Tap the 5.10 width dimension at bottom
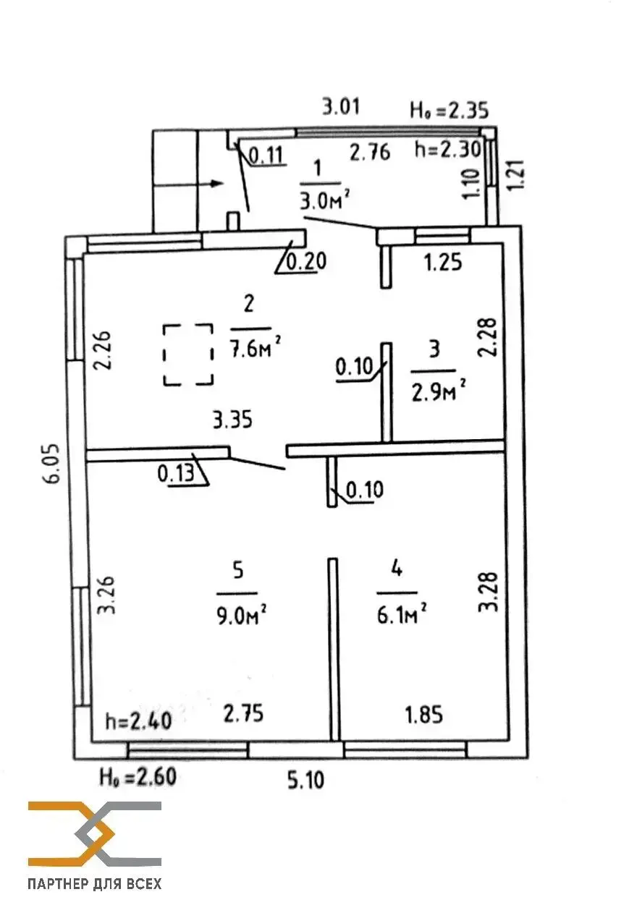tap(304, 781)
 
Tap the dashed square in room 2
tap(188, 354)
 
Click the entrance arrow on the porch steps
tap(189, 184)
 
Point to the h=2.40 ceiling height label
tap(138, 721)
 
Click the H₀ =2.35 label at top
tap(450, 110)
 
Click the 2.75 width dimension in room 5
tap(242, 713)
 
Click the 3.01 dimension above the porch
tap(340, 108)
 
